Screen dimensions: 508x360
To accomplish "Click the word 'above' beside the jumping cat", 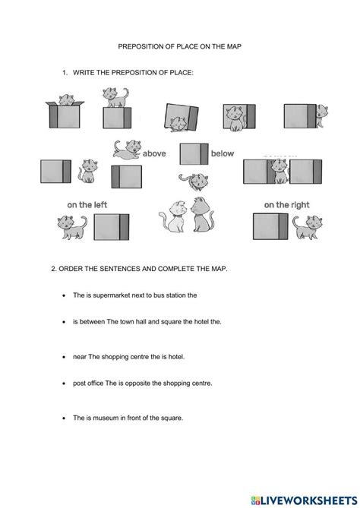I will coord(154,153).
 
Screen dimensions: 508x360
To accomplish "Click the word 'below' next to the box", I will coord(223,153).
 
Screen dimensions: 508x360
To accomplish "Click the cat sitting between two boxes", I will coord(280,174).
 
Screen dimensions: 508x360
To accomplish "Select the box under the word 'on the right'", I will coord(271,226).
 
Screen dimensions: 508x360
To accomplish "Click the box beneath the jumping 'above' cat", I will coord(126,177).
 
